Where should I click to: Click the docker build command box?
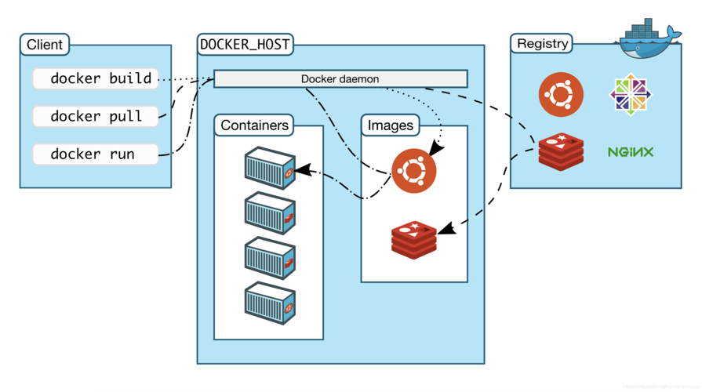[95, 78]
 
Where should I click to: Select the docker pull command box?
[95, 116]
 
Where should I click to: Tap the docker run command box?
[95, 154]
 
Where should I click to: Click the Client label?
[45, 45]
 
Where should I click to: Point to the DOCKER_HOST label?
[246, 45]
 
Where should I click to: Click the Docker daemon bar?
[340, 79]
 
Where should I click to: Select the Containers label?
[254, 125]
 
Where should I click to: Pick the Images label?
[391, 125]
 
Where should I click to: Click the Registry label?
[543, 44]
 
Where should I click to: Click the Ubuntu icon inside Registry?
[561, 94]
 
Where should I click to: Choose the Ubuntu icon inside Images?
[414, 170]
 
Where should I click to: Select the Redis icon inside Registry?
[561, 151]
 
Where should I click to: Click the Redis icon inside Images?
[413, 239]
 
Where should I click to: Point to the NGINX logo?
[631, 151]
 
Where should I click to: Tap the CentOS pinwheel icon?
[631, 94]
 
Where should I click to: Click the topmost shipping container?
[269, 167]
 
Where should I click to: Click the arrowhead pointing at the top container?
[303, 169]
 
